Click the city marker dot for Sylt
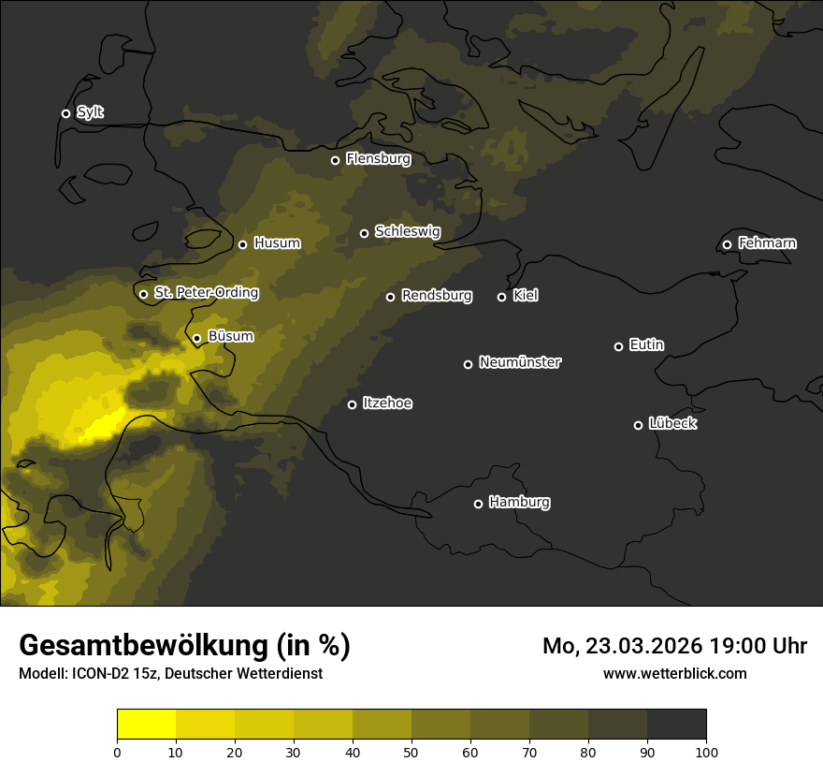65,113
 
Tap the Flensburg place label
378,159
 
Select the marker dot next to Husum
242,244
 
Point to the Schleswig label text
407,231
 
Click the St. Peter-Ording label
206,293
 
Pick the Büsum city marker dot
196,338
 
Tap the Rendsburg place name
437,296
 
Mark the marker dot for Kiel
501,297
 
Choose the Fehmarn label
767,243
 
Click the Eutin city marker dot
618,346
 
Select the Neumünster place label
520,362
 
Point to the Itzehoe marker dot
352,404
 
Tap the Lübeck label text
672,424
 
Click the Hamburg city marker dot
478,504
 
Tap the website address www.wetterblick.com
675,673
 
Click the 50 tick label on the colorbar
411,752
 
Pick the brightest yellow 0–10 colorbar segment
147,725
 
